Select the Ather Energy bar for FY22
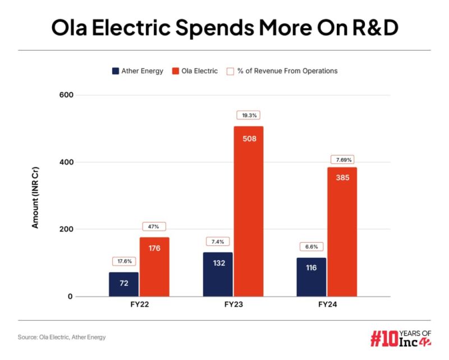point(123,284)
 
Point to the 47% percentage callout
point(154,226)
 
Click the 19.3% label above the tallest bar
point(248,115)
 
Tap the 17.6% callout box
point(123,261)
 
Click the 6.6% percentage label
point(311,247)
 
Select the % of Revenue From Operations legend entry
point(282,71)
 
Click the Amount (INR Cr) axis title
point(35,196)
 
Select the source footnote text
point(62,337)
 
